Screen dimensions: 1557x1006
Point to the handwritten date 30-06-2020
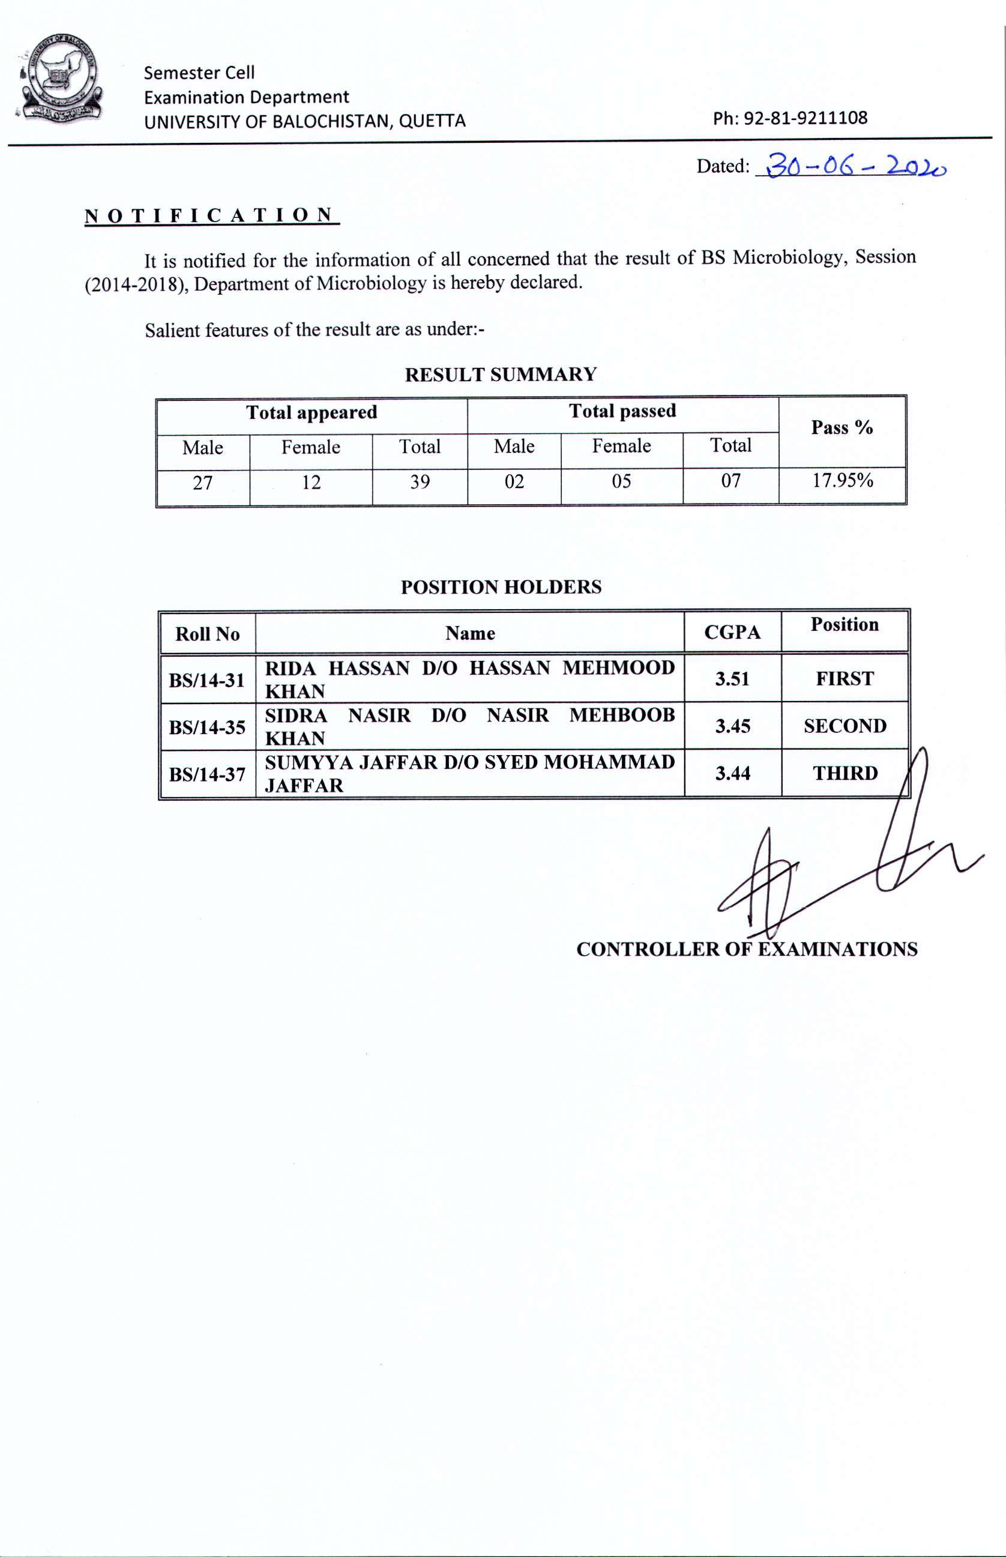coord(856,166)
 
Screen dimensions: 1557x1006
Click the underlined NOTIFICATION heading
coord(210,215)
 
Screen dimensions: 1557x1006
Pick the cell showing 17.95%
coord(842,481)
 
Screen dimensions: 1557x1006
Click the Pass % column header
coord(842,428)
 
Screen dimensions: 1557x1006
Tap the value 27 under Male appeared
coord(202,483)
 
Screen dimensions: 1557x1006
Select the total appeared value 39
coord(420,482)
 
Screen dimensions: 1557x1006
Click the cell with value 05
coord(621,481)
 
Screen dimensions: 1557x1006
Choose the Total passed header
coord(622,411)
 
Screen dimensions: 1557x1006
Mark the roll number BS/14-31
coord(206,680)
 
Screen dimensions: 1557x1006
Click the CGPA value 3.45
coord(732,726)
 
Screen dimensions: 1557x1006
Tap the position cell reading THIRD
coord(845,773)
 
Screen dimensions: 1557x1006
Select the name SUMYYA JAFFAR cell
coord(469,773)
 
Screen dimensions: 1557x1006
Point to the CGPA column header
coord(732,632)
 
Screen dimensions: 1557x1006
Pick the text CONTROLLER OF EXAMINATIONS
coord(746,949)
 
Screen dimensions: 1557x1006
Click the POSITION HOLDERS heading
coord(501,586)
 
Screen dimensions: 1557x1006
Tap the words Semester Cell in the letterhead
coord(199,73)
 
